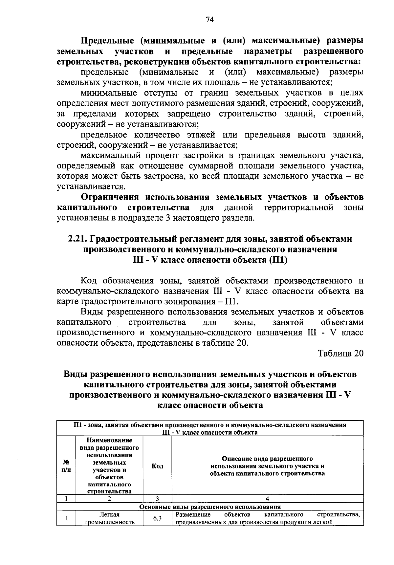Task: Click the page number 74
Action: [210, 20]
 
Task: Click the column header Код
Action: [157, 466]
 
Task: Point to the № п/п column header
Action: [66, 466]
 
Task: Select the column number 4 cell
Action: [267, 499]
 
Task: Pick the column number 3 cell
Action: [157, 499]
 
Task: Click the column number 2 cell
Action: [109, 499]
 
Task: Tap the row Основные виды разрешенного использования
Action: [210, 506]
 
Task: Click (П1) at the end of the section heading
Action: [278, 260]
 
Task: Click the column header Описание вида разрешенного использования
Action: [267, 466]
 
